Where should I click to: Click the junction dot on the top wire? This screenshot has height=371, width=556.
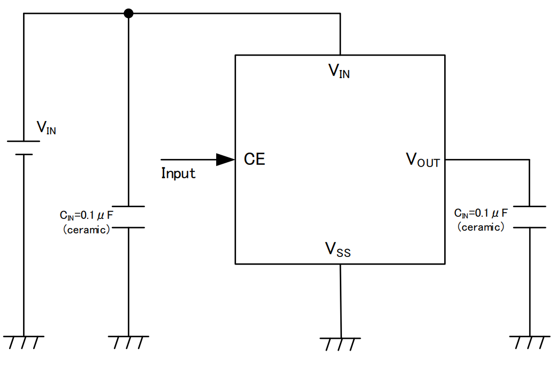128,13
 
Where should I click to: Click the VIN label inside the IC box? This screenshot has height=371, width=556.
339,71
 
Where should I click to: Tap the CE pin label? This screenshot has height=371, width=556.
254,159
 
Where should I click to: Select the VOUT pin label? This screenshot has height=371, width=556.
423,160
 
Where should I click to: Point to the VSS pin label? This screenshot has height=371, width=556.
338,249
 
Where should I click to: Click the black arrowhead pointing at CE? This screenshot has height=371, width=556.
225,160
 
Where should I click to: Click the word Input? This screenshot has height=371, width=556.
178,173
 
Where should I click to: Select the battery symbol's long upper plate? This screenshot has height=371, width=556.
24,141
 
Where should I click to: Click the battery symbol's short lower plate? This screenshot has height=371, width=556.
24,154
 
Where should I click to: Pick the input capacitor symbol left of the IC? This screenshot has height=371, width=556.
128,217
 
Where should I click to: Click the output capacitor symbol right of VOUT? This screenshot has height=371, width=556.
529,217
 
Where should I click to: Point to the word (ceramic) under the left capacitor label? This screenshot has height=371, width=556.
86,230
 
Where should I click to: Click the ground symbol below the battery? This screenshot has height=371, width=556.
24,342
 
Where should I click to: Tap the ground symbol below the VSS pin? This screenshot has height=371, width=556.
340,343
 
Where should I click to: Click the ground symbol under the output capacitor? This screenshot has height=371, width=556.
529,342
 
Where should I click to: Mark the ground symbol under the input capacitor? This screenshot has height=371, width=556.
128,342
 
